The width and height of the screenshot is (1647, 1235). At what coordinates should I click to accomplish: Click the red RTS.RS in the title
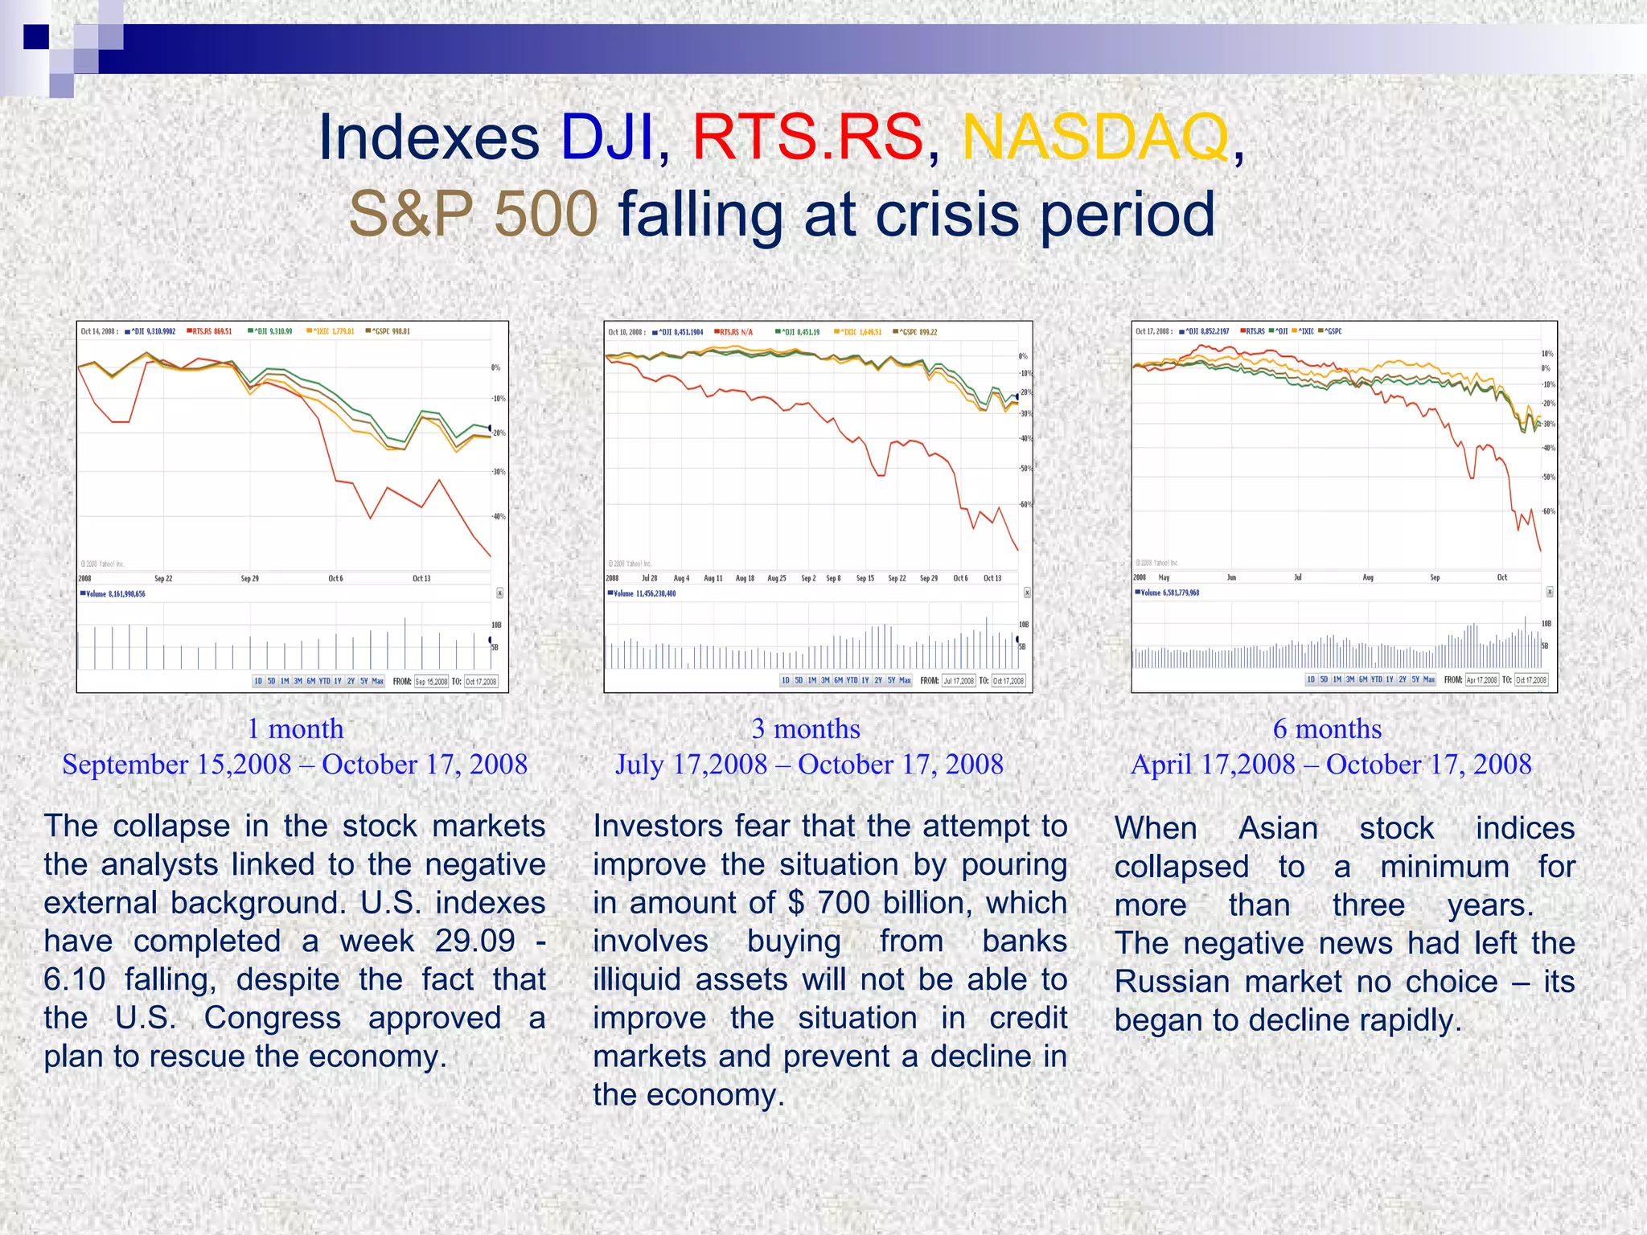pyautogui.click(x=807, y=137)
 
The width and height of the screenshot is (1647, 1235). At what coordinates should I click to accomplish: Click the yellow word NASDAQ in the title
pyautogui.click(x=1095, y=137)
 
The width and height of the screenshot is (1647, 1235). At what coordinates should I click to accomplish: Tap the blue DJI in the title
pyautogui.click(x=607, y=137)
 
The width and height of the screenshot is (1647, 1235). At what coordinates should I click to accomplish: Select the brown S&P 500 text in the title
pyautogui.click(x=473, y=214)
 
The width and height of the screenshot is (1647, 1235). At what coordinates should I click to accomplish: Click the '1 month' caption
pyautogui.click(x=295, y=728)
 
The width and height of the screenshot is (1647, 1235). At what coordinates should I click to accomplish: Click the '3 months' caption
pyautogui.click(x=806, y=728)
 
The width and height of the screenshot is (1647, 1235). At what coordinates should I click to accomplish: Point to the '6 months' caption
pyautogui.click(x=1327, y=728)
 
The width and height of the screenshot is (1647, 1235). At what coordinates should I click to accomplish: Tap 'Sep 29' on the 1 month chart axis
pyautogui.click(x=250, y=578)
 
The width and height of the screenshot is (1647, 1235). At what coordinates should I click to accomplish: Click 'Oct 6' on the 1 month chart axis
pyautogui.click(x=335, y=578)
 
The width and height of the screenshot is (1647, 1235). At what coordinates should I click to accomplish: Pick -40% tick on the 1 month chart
pyautogui.click(x=499, y=516)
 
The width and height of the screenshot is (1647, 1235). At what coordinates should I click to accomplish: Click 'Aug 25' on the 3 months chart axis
pyautogui.click(x=777, y=578)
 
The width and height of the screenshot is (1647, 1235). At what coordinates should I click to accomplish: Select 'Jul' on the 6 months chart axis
pyautogui.click(x=1297, y=577)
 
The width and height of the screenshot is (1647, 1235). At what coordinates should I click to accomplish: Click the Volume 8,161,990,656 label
pyautogui.click(x=113, y=594)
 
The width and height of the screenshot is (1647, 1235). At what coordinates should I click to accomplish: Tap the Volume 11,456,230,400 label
pyautogui.click(x=642, y=593)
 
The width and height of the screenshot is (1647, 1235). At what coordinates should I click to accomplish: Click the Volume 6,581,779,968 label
pyautogui.click(x=1167, y=593)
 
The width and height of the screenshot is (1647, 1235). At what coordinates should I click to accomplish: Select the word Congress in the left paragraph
pyautogui.click(x=272, y=1018)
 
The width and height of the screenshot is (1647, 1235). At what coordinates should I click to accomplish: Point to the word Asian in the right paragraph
pyautogui.click(x=1278, y=828)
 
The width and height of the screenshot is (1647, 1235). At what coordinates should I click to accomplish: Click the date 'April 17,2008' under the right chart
pyautogui.click(x=1213, y=764)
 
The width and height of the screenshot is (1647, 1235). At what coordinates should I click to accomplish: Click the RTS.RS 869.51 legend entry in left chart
pyautogui.click(x=210, y=331)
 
